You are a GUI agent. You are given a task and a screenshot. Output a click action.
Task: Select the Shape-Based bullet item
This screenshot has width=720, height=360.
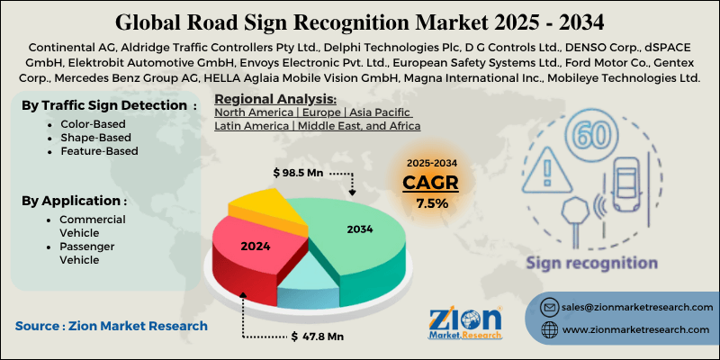95,138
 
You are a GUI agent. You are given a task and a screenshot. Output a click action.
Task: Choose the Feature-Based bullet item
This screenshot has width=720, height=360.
99,151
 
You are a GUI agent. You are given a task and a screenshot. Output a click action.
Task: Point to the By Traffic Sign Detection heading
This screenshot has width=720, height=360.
108,104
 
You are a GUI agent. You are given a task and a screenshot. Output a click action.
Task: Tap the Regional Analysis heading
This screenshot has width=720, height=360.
275,99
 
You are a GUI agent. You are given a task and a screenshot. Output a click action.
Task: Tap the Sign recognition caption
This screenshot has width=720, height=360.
591,263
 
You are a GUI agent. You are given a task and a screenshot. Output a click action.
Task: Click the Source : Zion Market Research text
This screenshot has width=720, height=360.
111,326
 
